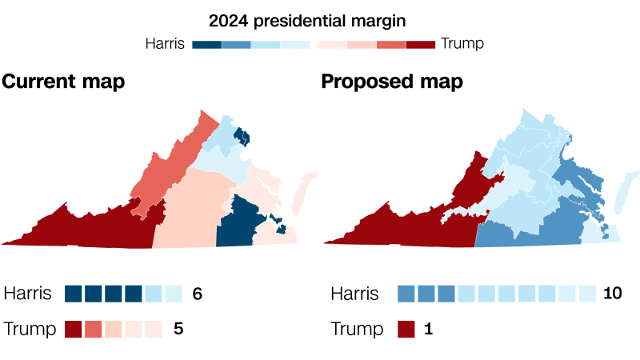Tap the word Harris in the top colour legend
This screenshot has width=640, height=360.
tap(165, 43)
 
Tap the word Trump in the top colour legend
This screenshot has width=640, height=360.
tap(462, 43)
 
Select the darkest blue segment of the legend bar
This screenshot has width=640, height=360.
tap(206, 44)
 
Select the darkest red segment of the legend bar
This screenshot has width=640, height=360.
tap(420, 44)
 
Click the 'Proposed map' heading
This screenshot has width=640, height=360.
tap(391, 82)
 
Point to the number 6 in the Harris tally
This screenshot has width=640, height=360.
tap(197, 294)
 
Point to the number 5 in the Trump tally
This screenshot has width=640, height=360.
tap(178, 328)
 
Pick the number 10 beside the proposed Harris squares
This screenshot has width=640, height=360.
tap(612, 294)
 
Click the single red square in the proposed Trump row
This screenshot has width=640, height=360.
tap(406, 328)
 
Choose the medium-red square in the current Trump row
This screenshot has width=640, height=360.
tap(94, 328)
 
